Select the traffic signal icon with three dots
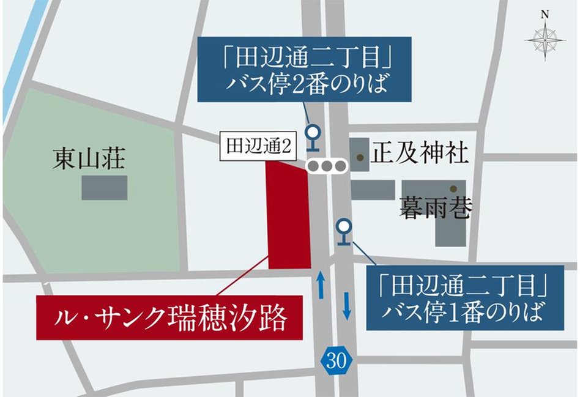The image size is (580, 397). pyautogui.click(x=327, y=166)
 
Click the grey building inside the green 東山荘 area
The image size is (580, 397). pyautogui.click(x=105, y=188)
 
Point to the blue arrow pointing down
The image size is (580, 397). pyautogui.click(x=347, y=305)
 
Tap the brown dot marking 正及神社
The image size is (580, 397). pyautogui.click(x=362, y=158)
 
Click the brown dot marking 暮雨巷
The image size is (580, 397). pyautogui.click(x=453, y=188)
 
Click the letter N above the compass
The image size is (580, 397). pyautogui.click(x=545, y=13)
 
